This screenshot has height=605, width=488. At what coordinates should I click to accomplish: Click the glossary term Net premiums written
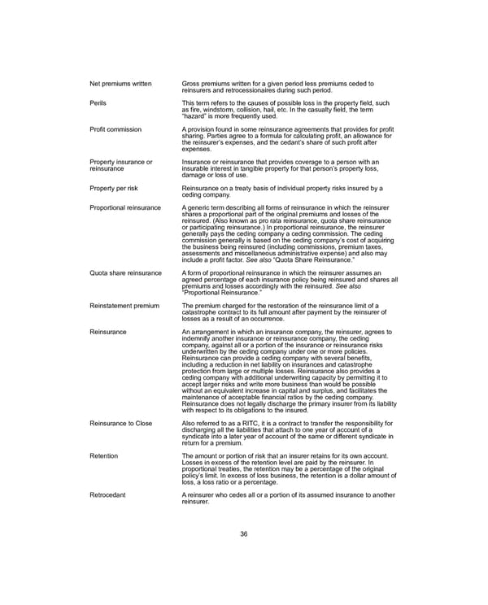pos(120,84)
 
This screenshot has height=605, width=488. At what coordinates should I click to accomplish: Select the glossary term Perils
pos(98,103)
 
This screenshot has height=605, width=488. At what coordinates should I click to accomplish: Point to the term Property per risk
pos(118,188)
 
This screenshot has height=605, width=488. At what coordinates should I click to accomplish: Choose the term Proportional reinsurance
pos(125,208)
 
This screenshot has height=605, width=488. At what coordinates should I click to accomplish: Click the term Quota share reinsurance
pos(125,272)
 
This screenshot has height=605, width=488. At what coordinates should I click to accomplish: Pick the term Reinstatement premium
pos(124,305)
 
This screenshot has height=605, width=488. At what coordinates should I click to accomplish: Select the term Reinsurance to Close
pos(121,423)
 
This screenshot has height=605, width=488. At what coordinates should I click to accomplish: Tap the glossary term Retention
pos(104,455)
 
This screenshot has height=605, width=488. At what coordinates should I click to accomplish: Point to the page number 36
pos(243,533)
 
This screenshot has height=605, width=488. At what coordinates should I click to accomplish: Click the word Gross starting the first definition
pos(192,84)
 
